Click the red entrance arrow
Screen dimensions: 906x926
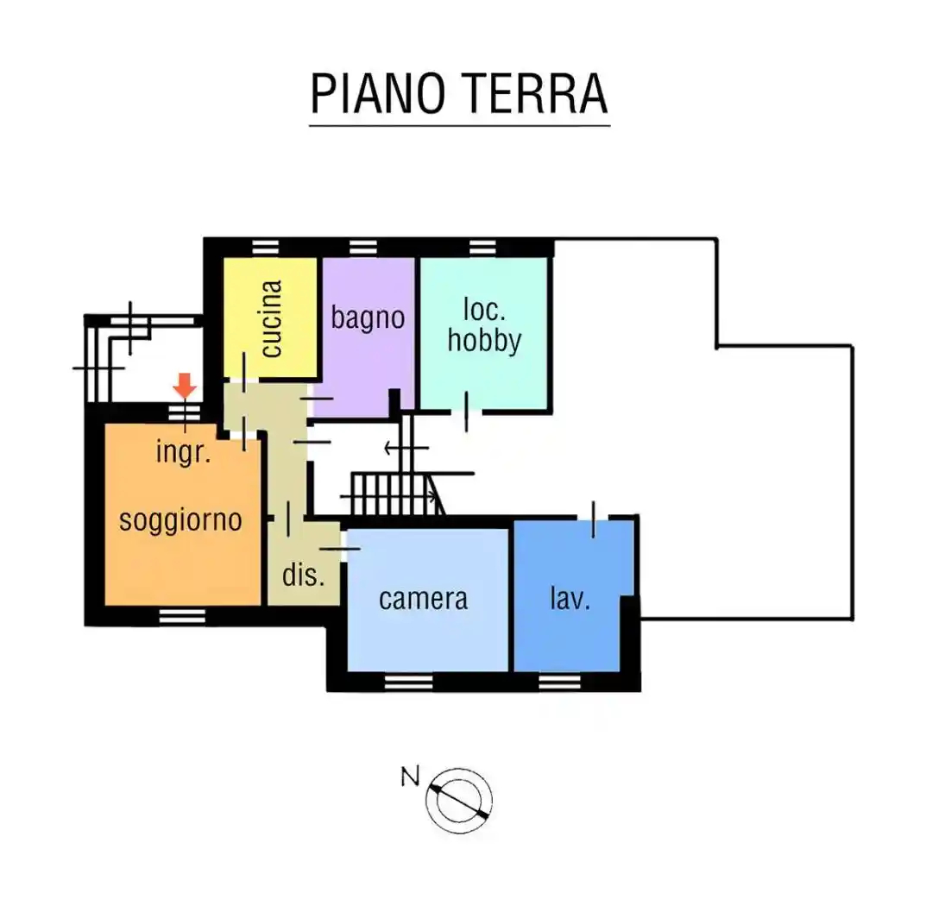186,386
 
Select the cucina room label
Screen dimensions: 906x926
271,318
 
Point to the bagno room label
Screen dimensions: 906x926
368,317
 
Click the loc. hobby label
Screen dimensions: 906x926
484,325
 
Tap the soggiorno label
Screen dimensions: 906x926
180,520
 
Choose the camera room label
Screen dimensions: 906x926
423,598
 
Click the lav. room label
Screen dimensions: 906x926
570,598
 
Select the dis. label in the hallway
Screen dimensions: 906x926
304,576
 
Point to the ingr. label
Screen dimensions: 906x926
184,451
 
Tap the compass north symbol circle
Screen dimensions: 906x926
459,799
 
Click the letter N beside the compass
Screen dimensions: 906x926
410,777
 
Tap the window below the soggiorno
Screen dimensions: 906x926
179,616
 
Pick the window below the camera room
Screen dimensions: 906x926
408,683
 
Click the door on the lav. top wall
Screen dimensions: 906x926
594,519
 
